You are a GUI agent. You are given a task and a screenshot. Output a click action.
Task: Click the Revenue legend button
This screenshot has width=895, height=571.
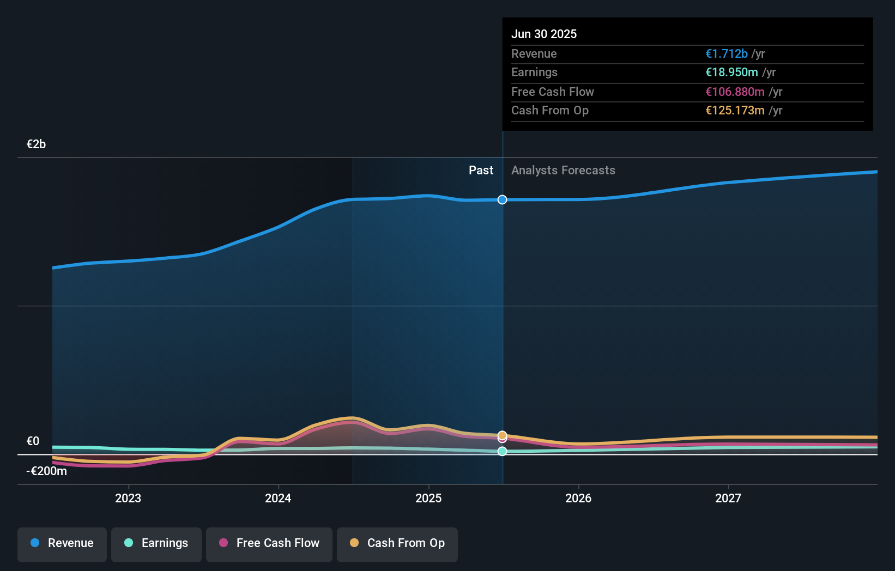62,543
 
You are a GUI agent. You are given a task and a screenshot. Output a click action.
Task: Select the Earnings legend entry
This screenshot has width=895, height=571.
156,543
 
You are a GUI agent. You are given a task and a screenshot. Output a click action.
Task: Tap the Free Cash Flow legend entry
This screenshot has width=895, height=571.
269,543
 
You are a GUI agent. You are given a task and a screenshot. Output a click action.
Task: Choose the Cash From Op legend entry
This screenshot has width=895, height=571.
397,543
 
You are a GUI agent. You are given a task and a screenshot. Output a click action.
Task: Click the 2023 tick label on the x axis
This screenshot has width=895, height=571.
128,498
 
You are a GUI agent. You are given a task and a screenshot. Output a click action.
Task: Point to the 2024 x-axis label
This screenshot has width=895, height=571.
278,498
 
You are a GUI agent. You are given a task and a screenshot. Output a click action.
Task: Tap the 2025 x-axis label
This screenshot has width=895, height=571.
428,498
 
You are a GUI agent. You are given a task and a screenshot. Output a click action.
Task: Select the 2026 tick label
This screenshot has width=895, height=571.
578,498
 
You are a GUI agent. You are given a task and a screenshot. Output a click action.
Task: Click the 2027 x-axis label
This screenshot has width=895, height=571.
728,498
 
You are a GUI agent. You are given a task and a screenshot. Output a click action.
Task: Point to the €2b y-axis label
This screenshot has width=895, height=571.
36,144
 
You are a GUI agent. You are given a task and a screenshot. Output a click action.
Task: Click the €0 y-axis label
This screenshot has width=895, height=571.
33,441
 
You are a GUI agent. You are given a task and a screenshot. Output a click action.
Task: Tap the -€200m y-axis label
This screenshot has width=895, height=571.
46,471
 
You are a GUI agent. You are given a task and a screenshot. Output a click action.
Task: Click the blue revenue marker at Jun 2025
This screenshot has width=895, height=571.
502,200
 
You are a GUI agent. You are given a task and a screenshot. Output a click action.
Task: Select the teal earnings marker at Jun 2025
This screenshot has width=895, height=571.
502,451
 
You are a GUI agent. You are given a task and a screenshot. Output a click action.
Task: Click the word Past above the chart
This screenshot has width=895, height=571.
481,171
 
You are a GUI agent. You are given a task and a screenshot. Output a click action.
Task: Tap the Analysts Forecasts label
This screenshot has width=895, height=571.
563,171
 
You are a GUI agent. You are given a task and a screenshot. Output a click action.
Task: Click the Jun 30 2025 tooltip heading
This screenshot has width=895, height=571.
543,34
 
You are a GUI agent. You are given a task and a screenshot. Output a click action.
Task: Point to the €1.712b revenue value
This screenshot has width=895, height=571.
726,54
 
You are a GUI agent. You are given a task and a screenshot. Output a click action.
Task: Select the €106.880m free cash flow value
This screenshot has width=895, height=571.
734,92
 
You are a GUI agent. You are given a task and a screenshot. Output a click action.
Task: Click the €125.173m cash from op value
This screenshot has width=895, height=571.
734,111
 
